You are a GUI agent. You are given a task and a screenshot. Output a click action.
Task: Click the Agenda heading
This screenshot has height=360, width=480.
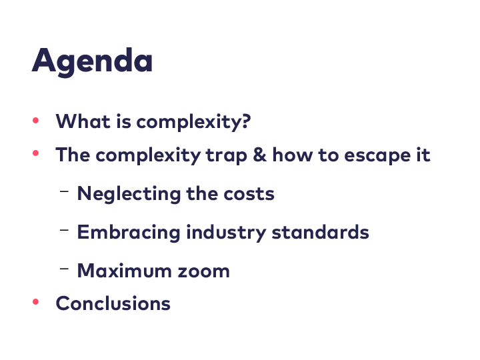coord(92,61)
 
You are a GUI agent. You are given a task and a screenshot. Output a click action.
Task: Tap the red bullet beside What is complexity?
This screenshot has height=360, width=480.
coord(35,120)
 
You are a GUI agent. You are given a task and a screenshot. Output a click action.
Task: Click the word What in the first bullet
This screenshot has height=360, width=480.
coord(83,121)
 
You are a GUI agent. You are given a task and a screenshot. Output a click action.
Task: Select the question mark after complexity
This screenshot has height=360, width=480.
coord(246,121)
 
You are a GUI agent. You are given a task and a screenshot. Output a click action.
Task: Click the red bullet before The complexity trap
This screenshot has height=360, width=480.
coord(35,153)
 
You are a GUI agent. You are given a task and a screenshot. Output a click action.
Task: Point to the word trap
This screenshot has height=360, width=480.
coord(226,156)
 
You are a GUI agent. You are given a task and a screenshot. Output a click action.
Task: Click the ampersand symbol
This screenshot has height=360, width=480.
coord(260,154)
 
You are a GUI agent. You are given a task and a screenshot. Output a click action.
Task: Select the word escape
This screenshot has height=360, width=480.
coord(377,156)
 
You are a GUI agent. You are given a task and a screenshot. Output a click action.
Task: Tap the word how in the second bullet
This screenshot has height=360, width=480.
coord(293,154)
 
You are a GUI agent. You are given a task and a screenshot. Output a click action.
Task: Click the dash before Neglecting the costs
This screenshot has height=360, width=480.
coord(64,192)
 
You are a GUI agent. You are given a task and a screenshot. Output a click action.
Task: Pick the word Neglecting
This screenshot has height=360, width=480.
coord(129,194)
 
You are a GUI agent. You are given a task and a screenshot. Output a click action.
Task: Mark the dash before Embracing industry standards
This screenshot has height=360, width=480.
coord(64,230)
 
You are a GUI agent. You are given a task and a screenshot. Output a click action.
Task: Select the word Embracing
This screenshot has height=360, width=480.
coord(129,233)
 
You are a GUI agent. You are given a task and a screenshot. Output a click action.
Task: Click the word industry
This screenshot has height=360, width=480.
coord(226,233)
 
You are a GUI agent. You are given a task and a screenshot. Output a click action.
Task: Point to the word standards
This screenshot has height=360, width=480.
coord(321,232)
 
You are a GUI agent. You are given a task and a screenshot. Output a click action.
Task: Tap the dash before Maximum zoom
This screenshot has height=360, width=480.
coord(64,269)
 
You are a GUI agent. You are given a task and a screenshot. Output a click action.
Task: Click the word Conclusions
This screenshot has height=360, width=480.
coord(113,303)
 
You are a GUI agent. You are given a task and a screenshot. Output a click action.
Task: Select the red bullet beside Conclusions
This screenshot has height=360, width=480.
coord(35,302)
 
